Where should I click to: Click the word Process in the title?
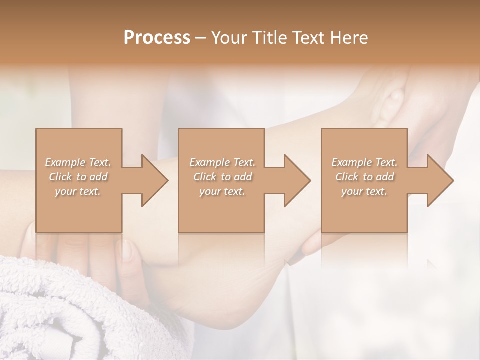pyautogui.click(x=157, y=38)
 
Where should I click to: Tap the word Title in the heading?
pyautogui.click(x=268, y=38)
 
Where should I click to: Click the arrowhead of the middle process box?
pyautogui.click(x=297, y=180)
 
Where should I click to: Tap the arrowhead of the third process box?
pyautogui.click(x=440, y=180)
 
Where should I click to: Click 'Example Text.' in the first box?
pyautogui.click(x=78, y=162)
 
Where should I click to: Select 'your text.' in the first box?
pyautogui.click(x=78, y=191)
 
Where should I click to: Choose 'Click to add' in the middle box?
pyautogui.click(x=222, y=177)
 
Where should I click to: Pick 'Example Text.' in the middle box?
pyautogui.click(x=222, y=162)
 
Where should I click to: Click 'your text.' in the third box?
pyautogui.click(x=364, y=191)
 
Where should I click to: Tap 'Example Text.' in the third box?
pyautogui.click(x=364, y=162)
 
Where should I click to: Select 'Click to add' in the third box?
pyautogui.click(x=364, y=177)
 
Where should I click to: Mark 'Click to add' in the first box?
pyautogui.click(x=78, y=177)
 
